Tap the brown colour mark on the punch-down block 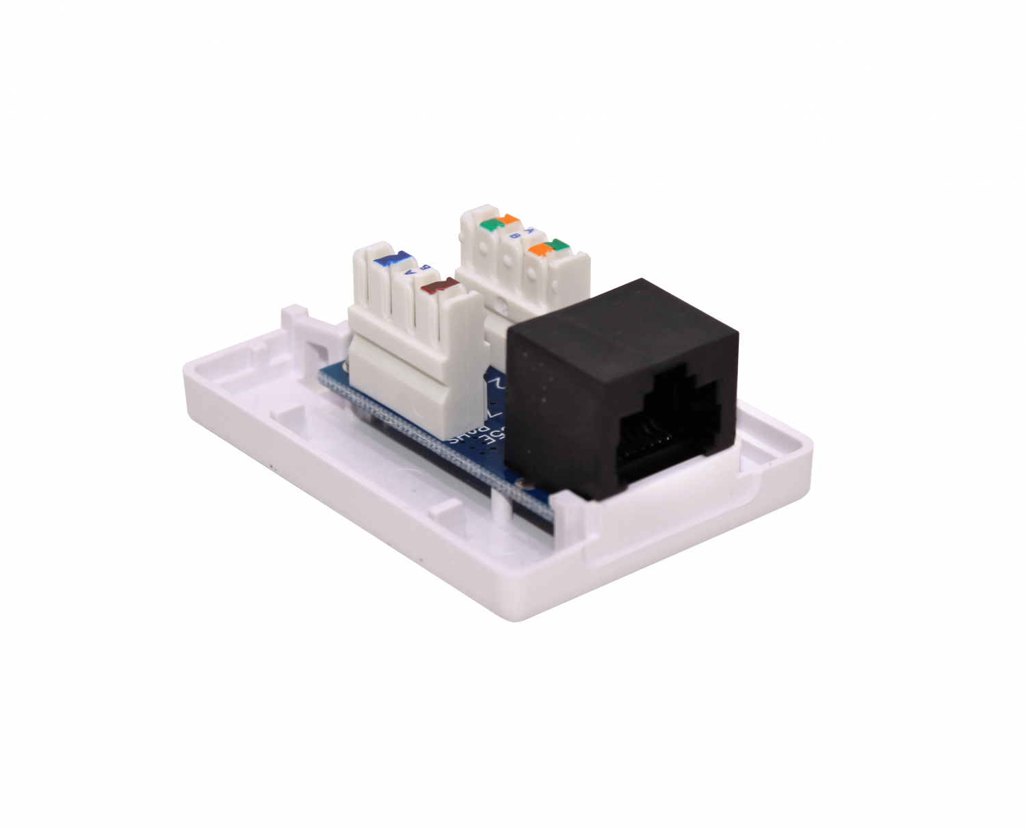pos(438,285)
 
